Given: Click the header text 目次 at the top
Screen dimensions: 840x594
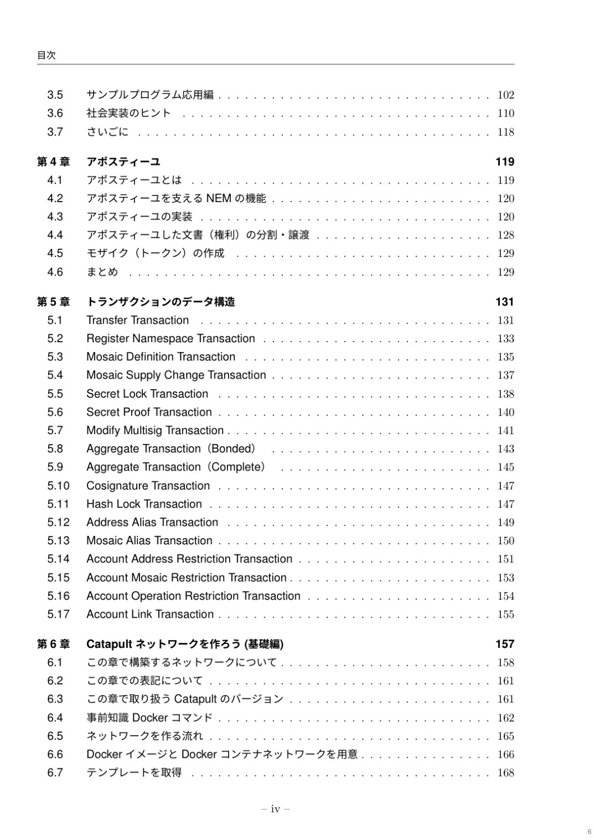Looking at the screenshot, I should [47, 55].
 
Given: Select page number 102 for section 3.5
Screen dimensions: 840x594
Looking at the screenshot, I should [505, 95].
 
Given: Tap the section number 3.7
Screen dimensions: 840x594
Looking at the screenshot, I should [55, 132].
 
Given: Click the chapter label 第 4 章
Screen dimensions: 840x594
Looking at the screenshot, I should [53, 162].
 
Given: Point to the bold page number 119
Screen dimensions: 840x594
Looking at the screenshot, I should [504, 162].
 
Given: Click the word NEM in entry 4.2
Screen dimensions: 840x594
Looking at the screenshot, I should [219, 198].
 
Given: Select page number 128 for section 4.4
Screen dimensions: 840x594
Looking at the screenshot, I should [505, 235].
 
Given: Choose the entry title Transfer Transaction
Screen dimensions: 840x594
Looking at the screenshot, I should [137, 320].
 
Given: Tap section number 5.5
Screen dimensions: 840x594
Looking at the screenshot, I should [55, 394].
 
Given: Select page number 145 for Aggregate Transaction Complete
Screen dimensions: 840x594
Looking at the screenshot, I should [505, 467].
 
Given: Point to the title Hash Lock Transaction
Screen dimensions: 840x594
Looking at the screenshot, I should [144, 504].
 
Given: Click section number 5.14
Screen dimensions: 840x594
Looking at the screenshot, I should [58, 559].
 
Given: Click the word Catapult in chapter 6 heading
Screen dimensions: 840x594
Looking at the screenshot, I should [109, 644].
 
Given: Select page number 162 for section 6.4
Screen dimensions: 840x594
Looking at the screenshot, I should [505, 718].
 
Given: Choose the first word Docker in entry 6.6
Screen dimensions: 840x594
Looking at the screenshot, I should [104, 754].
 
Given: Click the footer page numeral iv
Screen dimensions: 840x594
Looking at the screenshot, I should [275, 809].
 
